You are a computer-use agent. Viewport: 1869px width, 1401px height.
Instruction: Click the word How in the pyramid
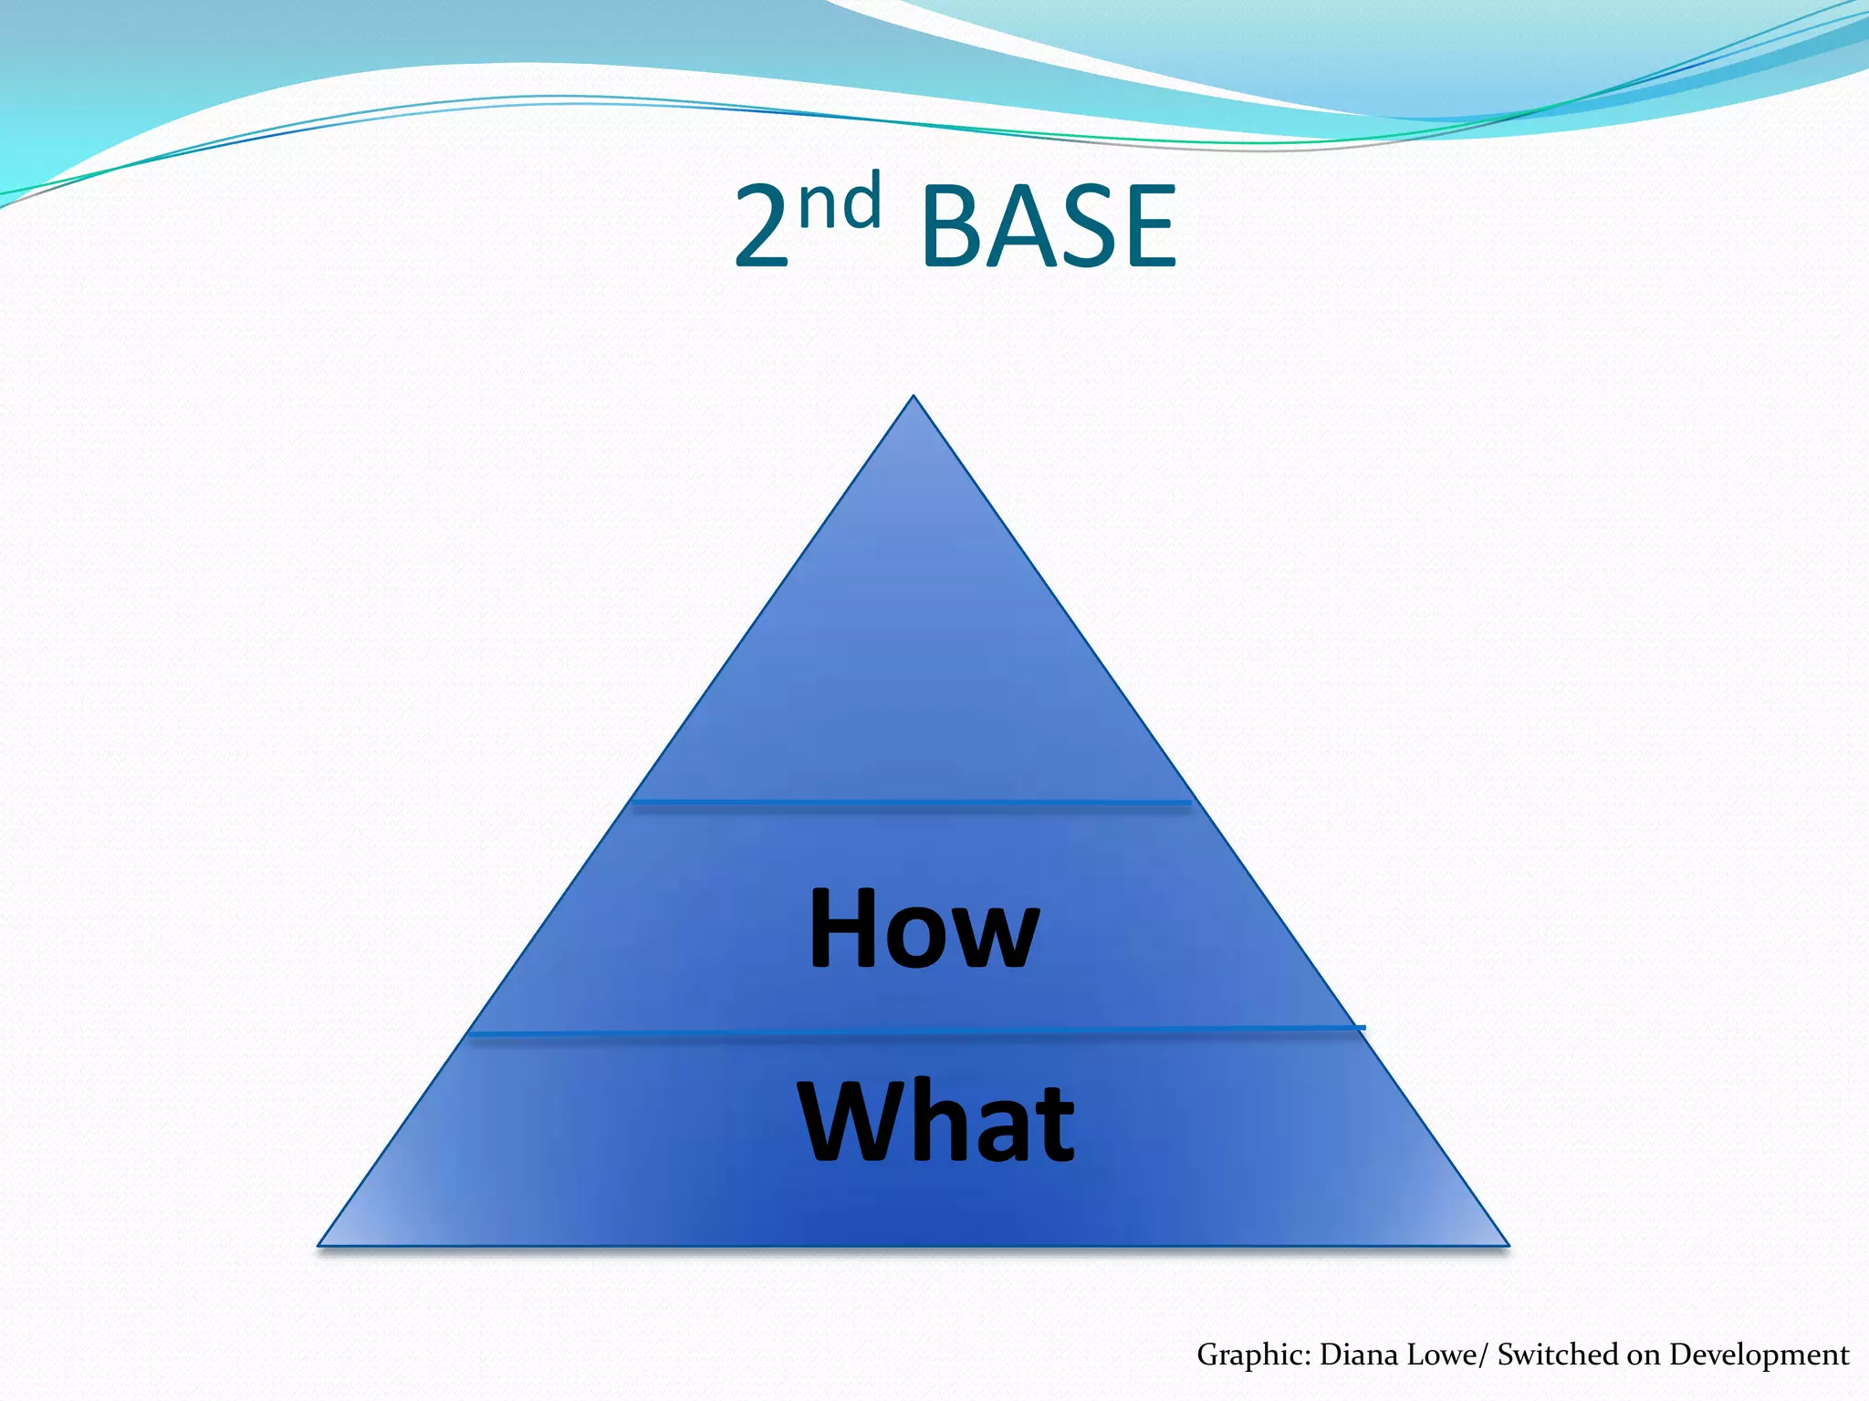tap(924, 929)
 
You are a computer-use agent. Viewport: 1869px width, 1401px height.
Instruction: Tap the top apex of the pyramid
tap(914, 398)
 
